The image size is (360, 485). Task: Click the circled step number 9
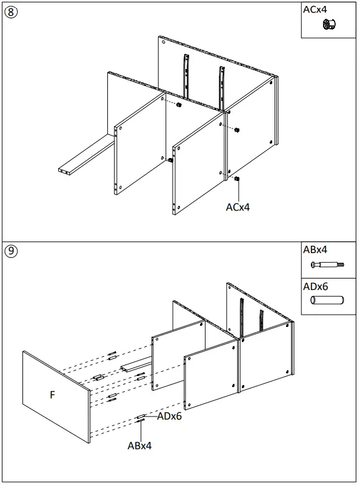(x=10, y=251)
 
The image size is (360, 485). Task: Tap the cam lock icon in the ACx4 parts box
(x=330, y=25)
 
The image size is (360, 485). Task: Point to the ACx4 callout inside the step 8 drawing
(x=238, y=207)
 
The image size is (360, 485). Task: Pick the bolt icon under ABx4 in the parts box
(x=327, y=265)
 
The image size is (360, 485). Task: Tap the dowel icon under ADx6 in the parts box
(x=327, y=300)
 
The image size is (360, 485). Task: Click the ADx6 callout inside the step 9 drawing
(x=170, y=416)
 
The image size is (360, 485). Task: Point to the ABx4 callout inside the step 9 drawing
(x=139, y=446)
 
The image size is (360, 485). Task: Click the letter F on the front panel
(x=52, y=395)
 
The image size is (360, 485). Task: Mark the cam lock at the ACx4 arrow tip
(x=238, y=179)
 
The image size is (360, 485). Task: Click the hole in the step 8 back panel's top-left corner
(x=163, y=43)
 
